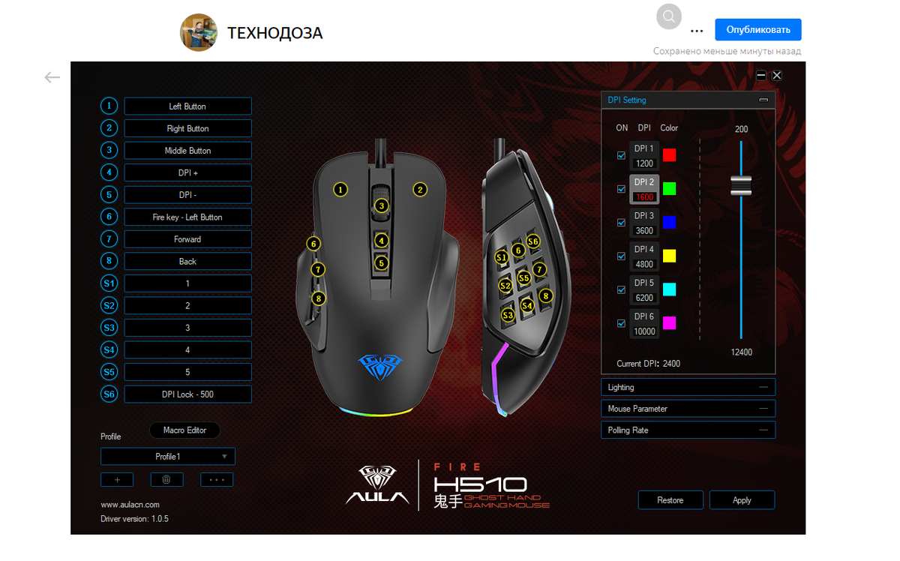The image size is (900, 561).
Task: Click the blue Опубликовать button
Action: [757, 30]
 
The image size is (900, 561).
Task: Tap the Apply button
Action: [742, 500]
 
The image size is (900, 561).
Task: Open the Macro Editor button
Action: [184, 430]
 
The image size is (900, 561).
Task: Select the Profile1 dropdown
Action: [168, 456]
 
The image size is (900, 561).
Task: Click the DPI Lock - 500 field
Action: [187, 394]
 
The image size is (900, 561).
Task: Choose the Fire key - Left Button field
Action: [187, 217]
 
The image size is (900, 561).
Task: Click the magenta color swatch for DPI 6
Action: [669, 323]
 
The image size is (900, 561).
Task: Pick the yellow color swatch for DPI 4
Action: [669, 256]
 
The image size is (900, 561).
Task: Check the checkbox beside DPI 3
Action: [621, 223]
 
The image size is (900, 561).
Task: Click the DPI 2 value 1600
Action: [644, 197]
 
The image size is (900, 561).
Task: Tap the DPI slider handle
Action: [741, 187]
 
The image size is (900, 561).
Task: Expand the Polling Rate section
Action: [688, 430]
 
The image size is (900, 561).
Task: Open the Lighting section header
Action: [688, 387]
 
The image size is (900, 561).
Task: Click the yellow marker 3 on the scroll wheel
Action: [382, 205]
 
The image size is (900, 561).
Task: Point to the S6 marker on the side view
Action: [533, 241]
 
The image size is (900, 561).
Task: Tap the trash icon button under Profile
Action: [166, 479]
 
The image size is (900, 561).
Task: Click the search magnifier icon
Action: [669, 16]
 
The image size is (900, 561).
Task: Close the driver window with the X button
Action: [777, 75]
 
